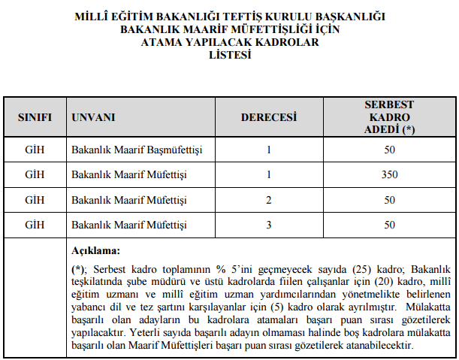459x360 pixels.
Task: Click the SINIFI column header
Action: coord(35,118)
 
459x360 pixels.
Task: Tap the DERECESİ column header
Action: coord(268,118)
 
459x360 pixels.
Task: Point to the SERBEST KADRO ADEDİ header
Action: coord(388,117)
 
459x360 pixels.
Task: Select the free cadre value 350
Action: coord(388,176)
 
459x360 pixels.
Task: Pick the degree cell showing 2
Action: coord(268,201)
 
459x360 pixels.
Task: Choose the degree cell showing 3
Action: coord(268,225)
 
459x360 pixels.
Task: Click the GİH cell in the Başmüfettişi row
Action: coord(35,151)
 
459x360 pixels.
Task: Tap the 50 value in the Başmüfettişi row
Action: coord(388,151)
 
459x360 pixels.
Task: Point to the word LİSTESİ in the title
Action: coord(229,54)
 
